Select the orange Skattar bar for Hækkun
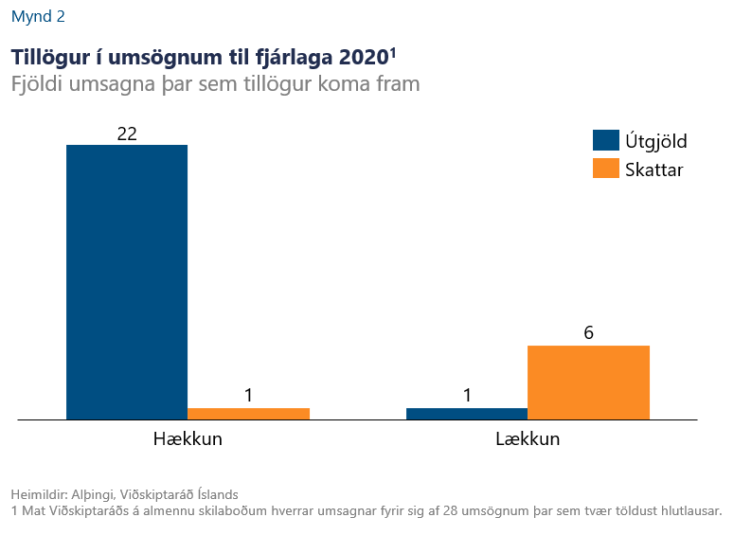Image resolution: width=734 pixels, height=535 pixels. (x=248, y=414)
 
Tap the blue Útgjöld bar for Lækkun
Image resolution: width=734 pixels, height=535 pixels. (x=467, y=414)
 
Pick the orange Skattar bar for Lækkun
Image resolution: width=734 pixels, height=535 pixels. (x=588, y=383)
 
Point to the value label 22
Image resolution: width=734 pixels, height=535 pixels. (x=127, y=134)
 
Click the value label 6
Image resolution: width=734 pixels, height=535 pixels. (x=588, y=333)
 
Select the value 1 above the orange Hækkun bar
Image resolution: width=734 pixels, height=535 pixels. (x=248, y=396)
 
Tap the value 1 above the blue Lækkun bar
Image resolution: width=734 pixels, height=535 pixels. (x=467, y=396)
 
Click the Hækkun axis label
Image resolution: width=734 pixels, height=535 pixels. (x=188, y=439)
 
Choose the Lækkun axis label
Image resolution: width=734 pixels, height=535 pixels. (x=528, y=439)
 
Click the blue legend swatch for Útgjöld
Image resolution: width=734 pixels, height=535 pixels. (x=605, y=141)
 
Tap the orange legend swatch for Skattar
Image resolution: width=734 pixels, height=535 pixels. (x=605, y=169)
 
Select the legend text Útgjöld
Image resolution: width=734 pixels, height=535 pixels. (x=655, y=141)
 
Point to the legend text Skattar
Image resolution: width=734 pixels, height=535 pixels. (x=653, y=169)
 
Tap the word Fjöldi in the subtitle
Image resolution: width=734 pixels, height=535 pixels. (x=37, y=84)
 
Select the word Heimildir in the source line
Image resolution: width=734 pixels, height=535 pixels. (x=37, y=494)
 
